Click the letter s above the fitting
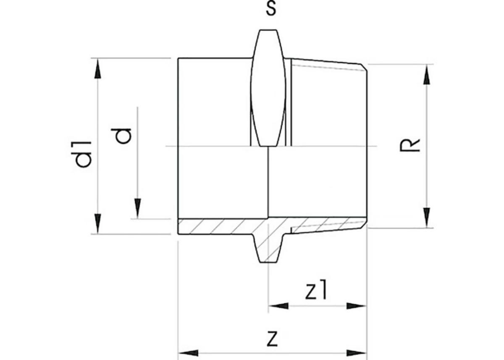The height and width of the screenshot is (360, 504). [271, 9]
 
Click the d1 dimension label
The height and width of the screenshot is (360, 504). [84, 155]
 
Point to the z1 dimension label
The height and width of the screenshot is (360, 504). [315, 291]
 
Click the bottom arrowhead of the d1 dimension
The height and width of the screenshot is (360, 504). [97, 224]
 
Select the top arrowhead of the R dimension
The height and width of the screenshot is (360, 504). [426, 74]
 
